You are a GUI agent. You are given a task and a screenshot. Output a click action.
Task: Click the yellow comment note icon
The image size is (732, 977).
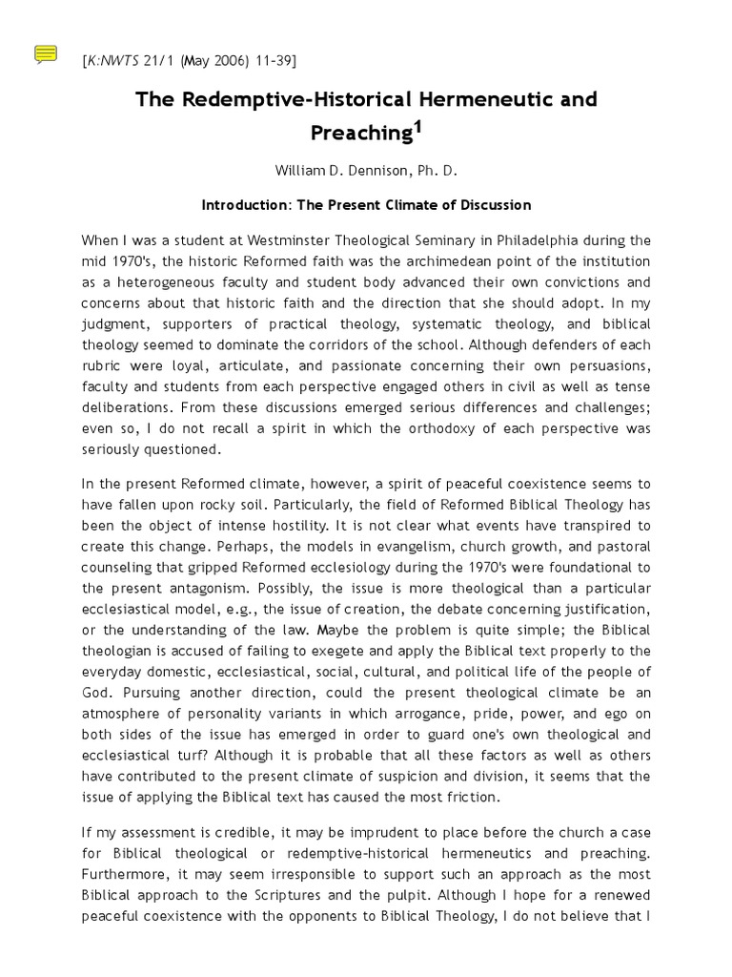(x=46, y=54)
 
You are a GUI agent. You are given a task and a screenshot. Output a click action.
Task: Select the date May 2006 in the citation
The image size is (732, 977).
(x=202, y=61)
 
